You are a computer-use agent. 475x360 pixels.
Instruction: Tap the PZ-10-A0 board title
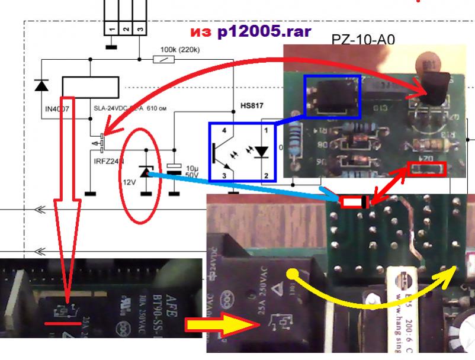[x=363, y=40]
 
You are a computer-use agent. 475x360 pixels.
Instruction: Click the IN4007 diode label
[x=57, y=109]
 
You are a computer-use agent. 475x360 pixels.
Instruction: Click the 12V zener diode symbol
[x=145, y=172]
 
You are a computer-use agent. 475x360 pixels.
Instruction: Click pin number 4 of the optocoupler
[x=224, y=129]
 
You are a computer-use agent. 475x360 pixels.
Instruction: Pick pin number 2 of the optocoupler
[x=267, y=175]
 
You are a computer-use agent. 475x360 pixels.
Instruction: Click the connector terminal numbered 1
[x=111, y=28]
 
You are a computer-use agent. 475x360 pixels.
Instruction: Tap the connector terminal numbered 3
[x=139, y=28]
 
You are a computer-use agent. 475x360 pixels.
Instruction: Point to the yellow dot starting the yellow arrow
[x=292, y=274]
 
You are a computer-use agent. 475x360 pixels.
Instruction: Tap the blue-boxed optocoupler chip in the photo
[x=332, y=95]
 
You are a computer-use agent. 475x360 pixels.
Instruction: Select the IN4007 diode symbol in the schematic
[x=41, y=85]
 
